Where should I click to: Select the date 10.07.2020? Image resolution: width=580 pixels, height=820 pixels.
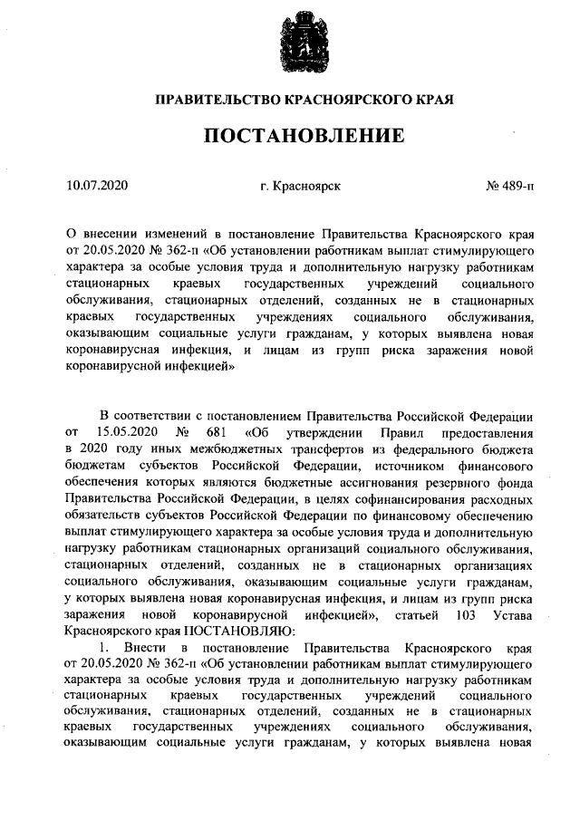[98, 187]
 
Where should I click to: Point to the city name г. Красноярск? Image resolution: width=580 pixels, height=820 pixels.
[299, 187]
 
